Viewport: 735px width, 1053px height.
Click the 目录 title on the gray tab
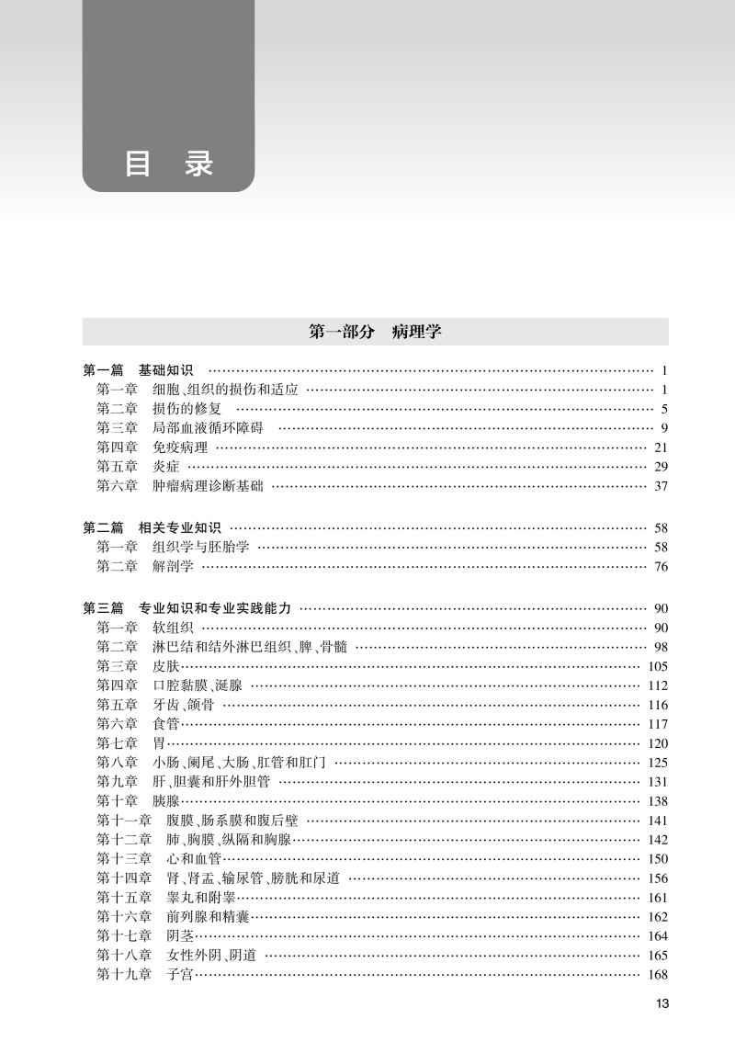tap(168, 164)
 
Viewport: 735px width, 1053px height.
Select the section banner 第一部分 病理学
tap(375, 332)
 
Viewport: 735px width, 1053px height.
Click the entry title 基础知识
tap(166, 370)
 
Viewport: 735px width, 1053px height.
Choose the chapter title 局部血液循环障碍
tap(208, 428)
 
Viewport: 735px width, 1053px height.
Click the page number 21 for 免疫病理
tap(660, 447)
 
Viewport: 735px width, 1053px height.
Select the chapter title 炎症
tap(165, 467)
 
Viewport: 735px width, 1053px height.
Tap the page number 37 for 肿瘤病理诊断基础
tap(660, 486)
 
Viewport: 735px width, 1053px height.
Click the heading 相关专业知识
tap(180, 527)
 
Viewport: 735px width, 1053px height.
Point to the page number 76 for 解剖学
tap(660, 566)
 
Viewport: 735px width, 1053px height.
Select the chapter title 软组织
tap(173, 628)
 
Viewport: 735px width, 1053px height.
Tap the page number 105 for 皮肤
tap(657, 666)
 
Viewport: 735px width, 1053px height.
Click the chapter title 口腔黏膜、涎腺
tap(194, 685)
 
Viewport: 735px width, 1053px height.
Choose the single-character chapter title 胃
tap(159, 743)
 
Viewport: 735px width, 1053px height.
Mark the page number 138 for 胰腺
tap(657, 801)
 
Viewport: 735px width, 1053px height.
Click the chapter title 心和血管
tap(194, 859)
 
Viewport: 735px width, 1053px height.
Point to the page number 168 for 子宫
tap(657, 975)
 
